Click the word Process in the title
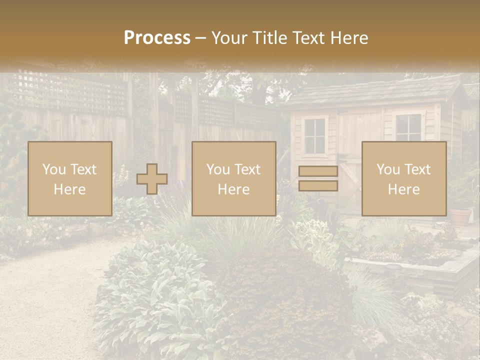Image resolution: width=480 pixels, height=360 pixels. (x=157, y=38)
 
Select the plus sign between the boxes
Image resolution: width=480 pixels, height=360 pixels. (x=152, y=179)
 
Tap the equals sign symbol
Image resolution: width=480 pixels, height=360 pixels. (x=318, y=178)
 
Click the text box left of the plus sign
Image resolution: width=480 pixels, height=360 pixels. (x=70, y=178)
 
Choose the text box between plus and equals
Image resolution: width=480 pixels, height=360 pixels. (x=234, y=178)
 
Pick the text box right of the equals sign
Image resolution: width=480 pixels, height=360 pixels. (x=404, y=178)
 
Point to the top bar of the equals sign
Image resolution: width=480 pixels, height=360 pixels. (x=318, y=171)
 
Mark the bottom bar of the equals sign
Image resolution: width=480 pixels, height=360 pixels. (x=318, y=186)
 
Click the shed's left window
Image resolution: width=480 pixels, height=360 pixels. (x=315, y=135)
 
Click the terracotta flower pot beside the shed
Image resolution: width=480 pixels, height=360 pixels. (x=460, y=216)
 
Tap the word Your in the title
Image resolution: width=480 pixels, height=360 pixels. (x=229, y=38)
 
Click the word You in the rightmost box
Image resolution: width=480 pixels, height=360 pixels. (x=387, y=169)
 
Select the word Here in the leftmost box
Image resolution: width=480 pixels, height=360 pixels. (x=70, y=189)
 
